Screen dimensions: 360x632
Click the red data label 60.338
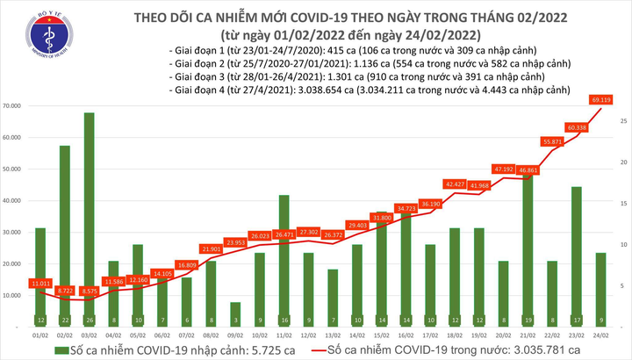577,128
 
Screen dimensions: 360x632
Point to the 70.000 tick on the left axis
12,106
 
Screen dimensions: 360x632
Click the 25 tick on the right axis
621,120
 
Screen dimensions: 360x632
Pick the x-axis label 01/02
39,335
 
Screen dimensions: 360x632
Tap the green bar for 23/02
576,255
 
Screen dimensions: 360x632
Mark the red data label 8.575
89,290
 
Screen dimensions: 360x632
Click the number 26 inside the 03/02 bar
89,320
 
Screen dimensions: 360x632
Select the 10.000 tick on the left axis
12,296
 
